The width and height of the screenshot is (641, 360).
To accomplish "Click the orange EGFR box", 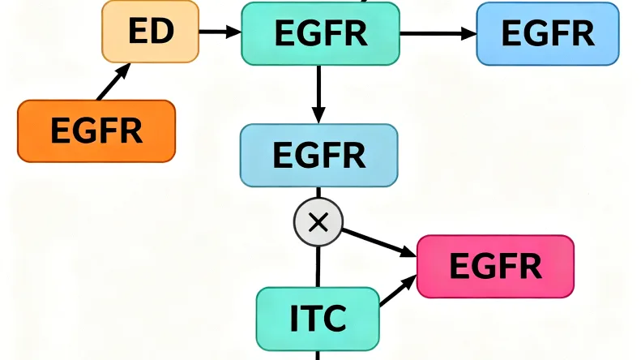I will tap(96, 131).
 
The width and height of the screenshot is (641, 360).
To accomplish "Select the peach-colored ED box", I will tap(150, 32).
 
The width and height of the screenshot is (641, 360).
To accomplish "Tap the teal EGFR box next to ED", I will tap(320, 33).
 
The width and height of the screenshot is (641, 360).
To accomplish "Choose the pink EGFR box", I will tap(495, 266).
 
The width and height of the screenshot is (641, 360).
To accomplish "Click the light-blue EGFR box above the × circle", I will tap(318, 156).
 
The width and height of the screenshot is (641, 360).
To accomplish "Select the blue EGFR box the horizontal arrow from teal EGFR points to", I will tap(548, 33).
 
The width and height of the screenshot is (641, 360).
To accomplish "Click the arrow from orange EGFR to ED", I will tap(113, 83).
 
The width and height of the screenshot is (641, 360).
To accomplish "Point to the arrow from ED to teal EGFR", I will tap(220, 32).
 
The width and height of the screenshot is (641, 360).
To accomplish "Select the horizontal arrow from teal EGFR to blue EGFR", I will tap(438, 33).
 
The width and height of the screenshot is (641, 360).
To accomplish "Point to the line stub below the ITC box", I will tap(318, 355).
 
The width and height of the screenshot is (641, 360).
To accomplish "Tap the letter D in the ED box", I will tap(162, 32).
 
